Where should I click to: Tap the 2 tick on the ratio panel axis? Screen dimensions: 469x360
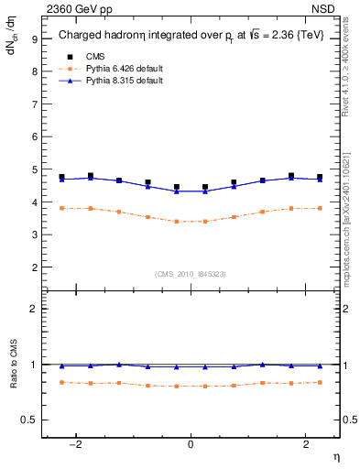[34, 309]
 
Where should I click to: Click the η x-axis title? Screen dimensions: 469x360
[335, 457]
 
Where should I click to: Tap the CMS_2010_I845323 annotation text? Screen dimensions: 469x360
[191, 274]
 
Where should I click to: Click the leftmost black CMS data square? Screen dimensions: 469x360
[61, 177]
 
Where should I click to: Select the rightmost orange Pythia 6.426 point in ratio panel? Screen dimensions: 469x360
[320, 382]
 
